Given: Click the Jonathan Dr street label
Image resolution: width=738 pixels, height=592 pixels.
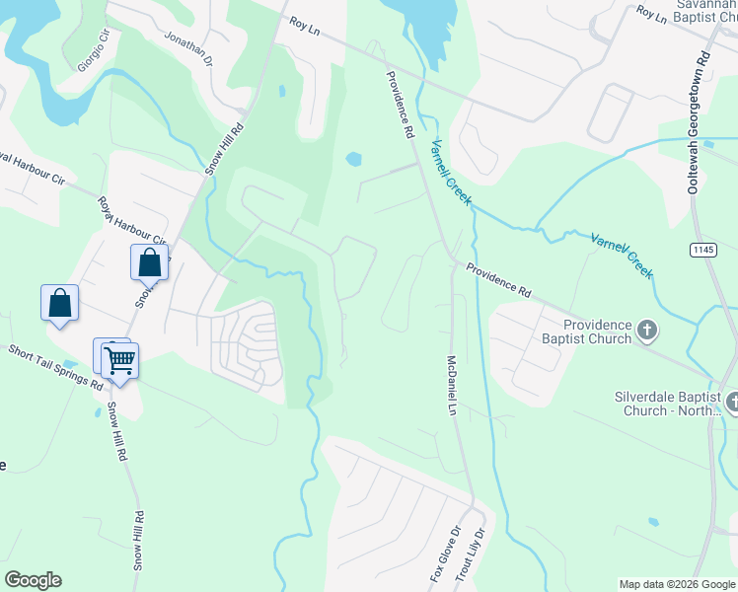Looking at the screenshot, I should point(188,46).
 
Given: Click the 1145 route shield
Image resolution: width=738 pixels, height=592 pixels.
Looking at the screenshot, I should point(703,251).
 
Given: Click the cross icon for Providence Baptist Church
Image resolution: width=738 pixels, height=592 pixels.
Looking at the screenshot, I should point(647,331).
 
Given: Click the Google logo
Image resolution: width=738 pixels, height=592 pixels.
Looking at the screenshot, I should point(33,580).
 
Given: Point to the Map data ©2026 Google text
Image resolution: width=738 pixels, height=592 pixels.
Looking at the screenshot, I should point(677,584).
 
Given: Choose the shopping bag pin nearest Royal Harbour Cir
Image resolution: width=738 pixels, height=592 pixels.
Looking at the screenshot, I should point(149,263).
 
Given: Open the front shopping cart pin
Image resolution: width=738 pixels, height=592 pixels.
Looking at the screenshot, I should point(119,361).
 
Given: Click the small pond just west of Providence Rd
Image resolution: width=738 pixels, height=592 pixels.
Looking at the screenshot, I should point(353,158).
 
